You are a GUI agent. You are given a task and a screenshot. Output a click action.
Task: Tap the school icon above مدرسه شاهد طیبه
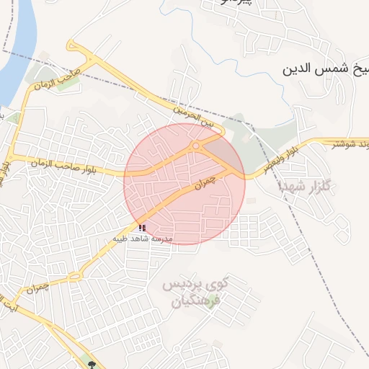click(141, 228)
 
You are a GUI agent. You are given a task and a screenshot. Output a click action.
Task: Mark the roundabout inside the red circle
click(195, 147)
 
